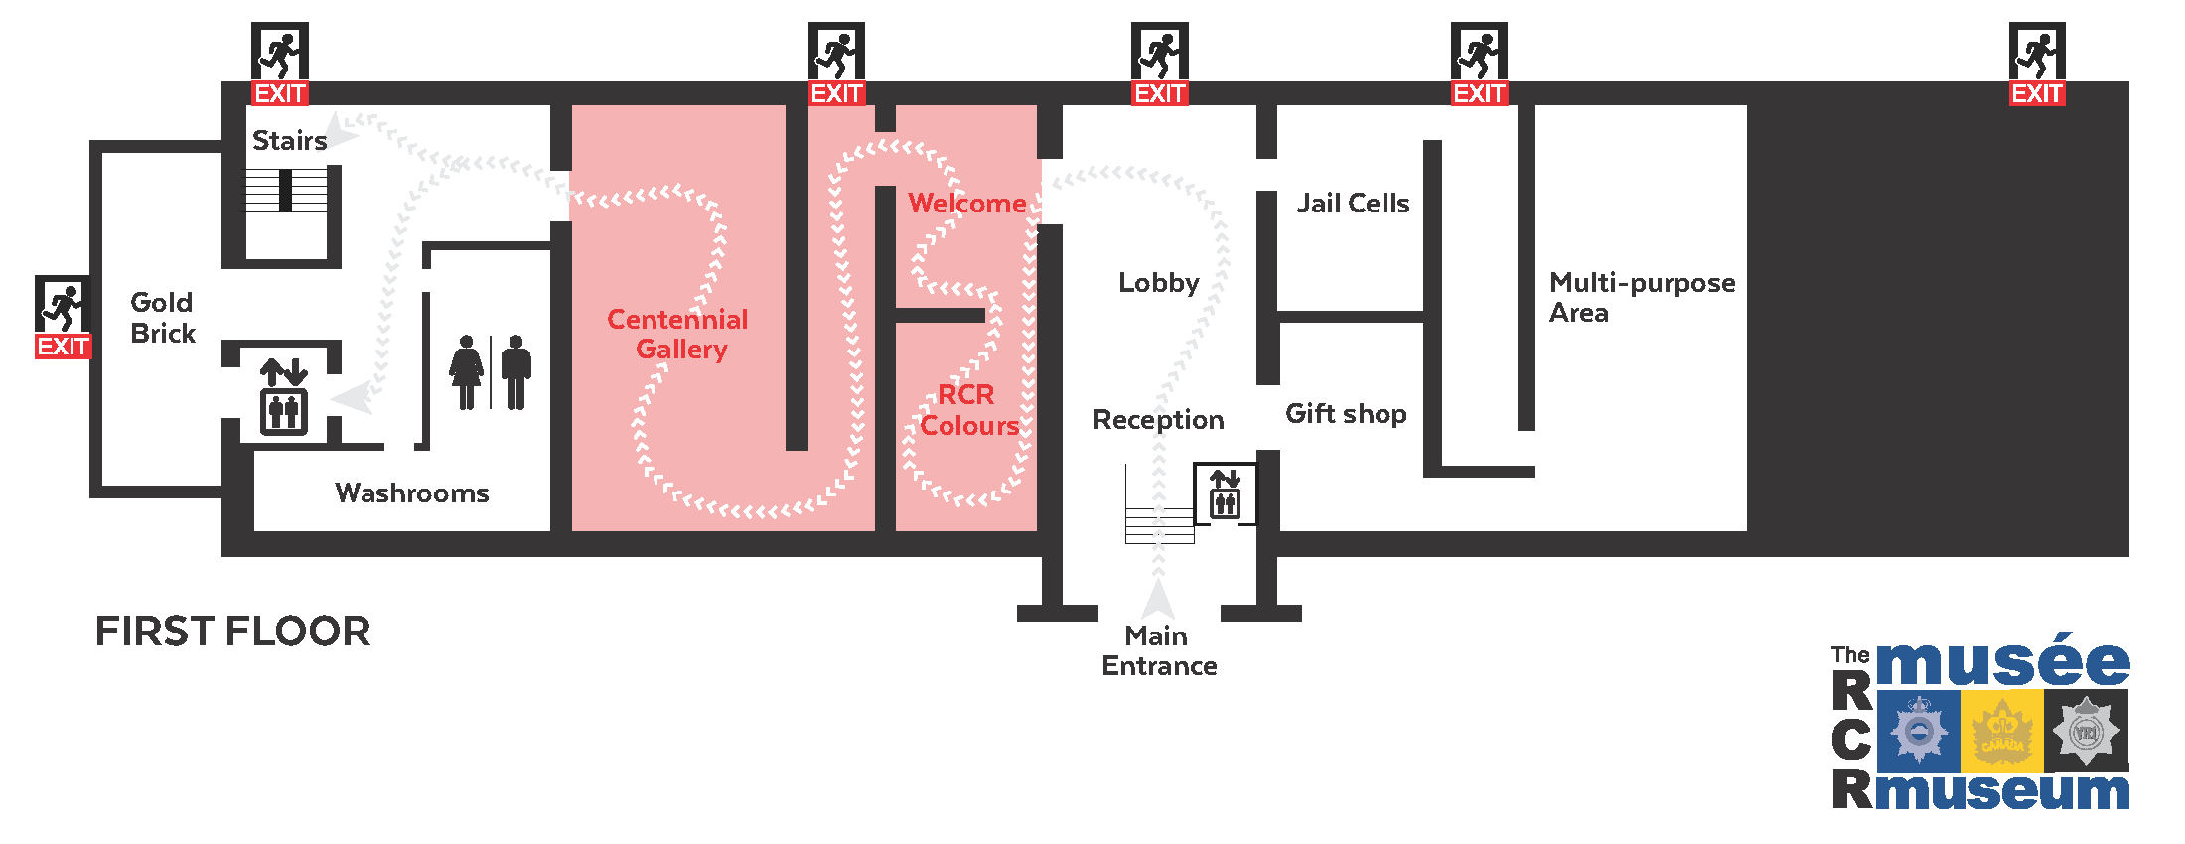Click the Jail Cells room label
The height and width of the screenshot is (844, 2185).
click(1353, 204)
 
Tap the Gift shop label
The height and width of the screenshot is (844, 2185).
click(1346, 414)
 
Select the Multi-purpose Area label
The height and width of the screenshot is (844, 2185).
click(1642, 297)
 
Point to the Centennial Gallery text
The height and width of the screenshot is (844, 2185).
click(678, 334)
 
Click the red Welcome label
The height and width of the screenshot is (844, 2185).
click(967, 204)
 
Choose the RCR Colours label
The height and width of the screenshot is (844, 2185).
click(968, 410)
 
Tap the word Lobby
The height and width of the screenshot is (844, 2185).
click(1159, 283)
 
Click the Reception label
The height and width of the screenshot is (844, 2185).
click(1158, 420)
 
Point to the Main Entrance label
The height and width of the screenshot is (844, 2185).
click(1158, 650)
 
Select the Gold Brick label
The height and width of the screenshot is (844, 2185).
click(163, 318)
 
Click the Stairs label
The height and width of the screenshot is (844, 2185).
click(289, 141)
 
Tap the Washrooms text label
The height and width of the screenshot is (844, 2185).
click(412, 493)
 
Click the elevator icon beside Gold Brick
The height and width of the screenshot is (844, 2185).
click(284, 397)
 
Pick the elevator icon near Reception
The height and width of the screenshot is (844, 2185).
click(1225, 492)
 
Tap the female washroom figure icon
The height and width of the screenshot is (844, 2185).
click(466, 372)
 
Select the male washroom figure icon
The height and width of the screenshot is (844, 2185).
click(515, 372)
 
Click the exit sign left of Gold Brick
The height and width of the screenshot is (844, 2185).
click(64, 317)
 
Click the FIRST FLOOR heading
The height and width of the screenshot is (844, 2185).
click(232, 632)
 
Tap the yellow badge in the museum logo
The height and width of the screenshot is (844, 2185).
click(2001, 732)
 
